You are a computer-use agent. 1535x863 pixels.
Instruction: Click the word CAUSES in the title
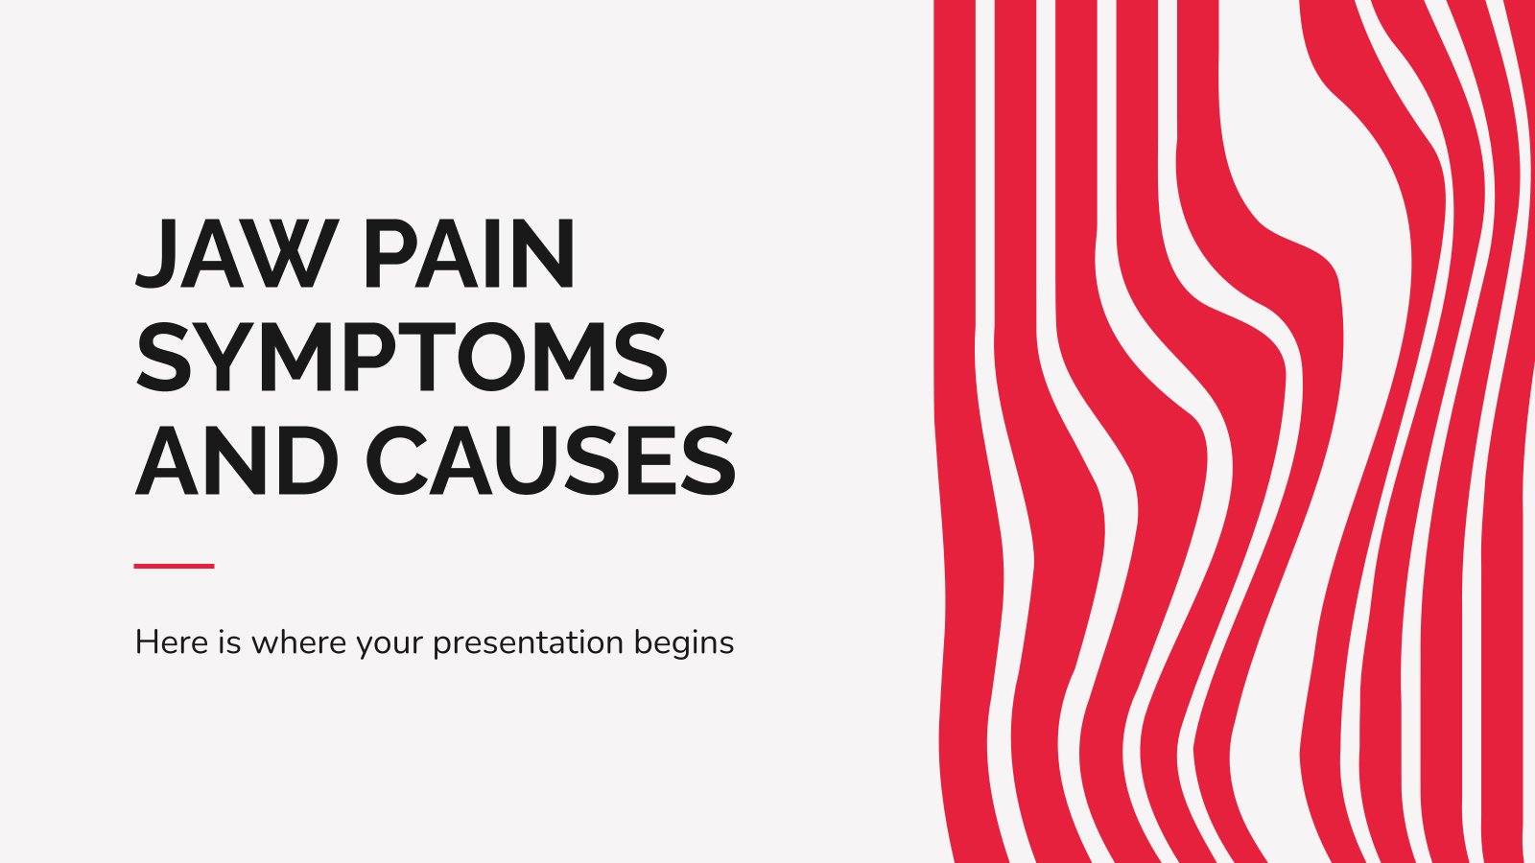click(x=551, y=460)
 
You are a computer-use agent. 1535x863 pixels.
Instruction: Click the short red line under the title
click(x=174, y=567)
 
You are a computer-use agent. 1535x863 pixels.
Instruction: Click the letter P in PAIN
click(x=393, y=253)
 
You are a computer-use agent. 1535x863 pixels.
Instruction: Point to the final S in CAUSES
click(x=708, y=460)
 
